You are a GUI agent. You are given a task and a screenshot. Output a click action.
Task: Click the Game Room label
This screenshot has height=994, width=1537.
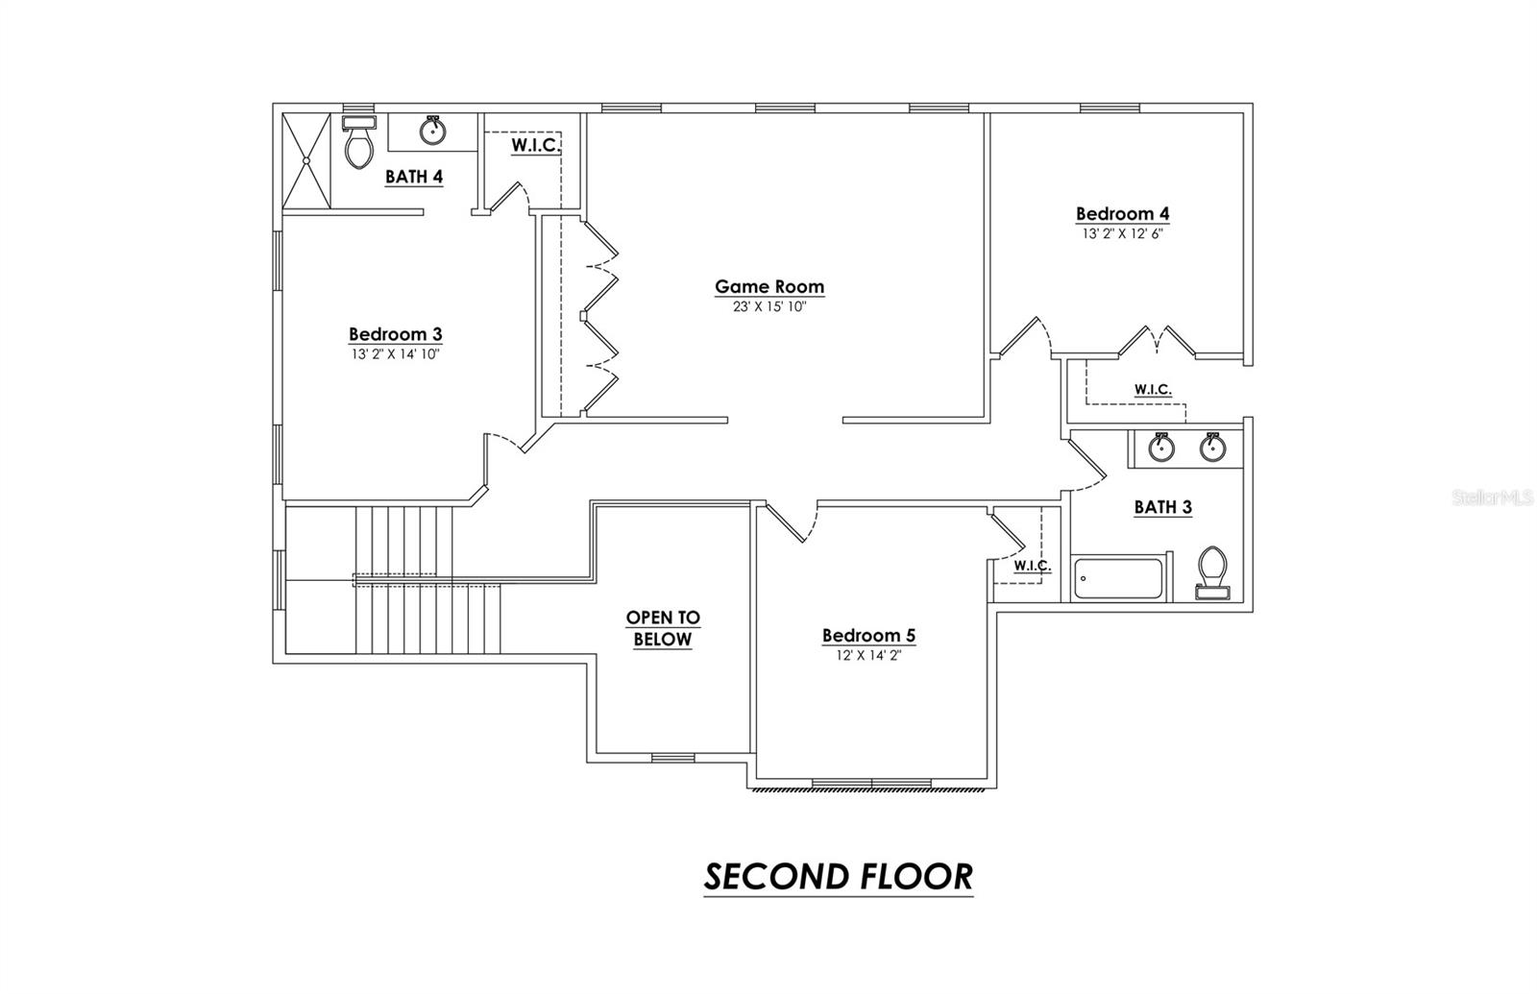tap(768, 286)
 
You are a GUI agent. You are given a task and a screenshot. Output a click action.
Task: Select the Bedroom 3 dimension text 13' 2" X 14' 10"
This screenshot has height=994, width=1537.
tap(395, 354)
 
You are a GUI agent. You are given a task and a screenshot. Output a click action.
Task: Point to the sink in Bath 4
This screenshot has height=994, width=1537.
tap(432, 130)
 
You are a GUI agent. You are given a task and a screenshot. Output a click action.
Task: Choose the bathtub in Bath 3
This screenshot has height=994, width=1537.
tap(1117, 578)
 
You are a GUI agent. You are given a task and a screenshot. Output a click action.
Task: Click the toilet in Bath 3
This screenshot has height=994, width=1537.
tap(1212, 571)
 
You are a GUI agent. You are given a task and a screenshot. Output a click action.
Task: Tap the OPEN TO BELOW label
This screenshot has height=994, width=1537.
tap(663, 628)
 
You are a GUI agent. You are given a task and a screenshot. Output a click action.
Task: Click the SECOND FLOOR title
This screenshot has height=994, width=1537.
tap(838, 877)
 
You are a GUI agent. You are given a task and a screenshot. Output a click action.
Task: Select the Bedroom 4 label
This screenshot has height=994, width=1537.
tap(1122, 214)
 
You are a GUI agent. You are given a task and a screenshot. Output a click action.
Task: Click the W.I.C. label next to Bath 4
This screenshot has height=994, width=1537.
tap(534, 145)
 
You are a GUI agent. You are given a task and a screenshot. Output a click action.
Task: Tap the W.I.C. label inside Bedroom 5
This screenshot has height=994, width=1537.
tap(1032, 566)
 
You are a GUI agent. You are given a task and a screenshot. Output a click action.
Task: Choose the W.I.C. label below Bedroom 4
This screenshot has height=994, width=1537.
tap(1152, 389)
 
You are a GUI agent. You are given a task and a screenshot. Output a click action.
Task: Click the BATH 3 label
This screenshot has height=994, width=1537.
tap(1162, 507)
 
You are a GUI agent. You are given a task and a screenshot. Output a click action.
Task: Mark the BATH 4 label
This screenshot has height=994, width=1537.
tap(413, 177)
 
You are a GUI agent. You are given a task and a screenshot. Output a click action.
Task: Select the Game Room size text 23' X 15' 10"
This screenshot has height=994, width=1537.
tap(768, 307)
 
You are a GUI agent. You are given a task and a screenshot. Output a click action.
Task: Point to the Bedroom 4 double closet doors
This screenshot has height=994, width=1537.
tap(1159, 341)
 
